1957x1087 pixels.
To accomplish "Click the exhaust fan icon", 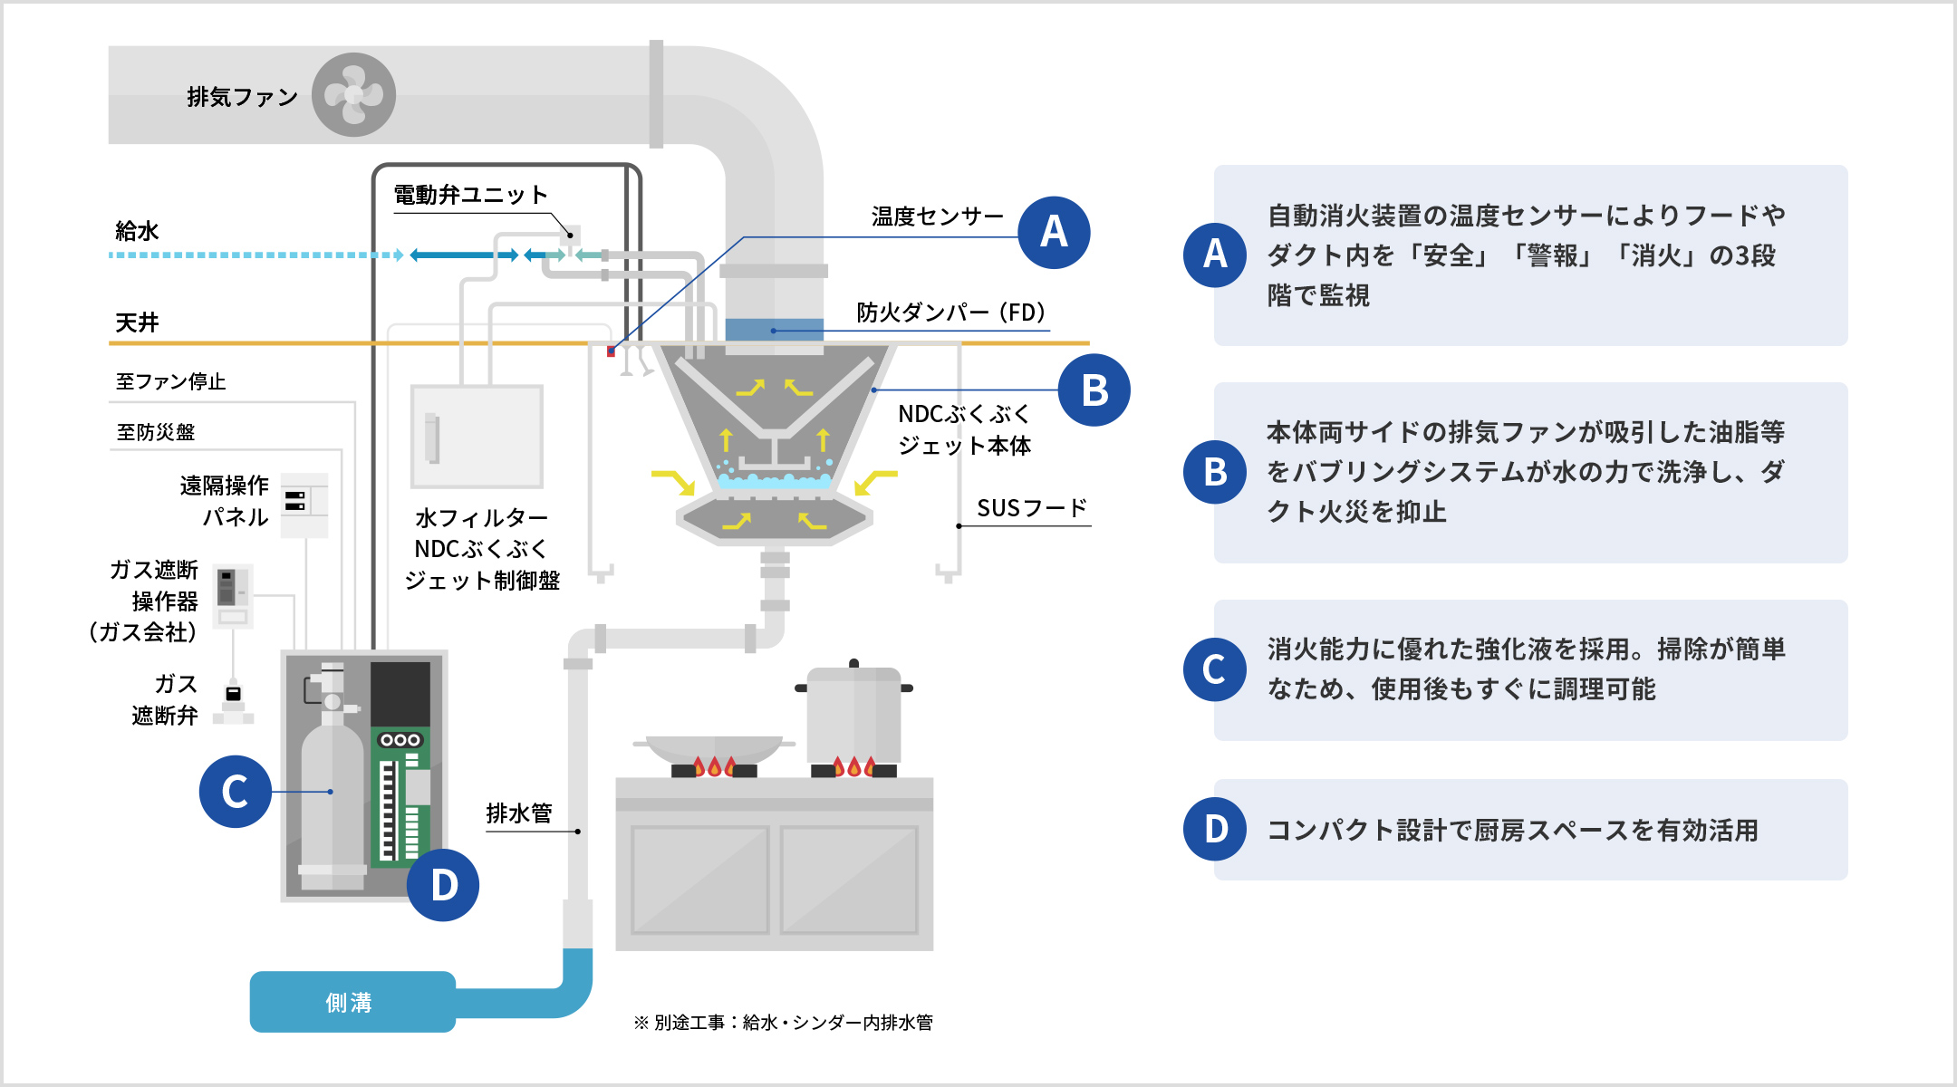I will (x=353, y=95).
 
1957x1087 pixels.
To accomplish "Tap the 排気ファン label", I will (x=242, y=97).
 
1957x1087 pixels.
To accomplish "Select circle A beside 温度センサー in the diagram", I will (x=1054, y=233).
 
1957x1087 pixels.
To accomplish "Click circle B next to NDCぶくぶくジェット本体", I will (x=1094, y=390).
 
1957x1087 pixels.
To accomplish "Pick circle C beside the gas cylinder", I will (x=236, y=792).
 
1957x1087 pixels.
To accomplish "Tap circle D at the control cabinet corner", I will (x=443, y=885).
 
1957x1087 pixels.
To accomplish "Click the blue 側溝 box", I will (x=352, y=1002).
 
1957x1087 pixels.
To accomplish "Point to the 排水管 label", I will (x=519, y=813).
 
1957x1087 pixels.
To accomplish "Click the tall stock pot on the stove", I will (x=853, y=716).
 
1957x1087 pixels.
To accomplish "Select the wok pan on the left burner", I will (x=713, y=748).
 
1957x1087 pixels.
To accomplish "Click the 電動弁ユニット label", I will (x=471, y=195).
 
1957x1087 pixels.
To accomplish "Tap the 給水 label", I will (x=137, y=231).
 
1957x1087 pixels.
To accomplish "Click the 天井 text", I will (x=137, y=322).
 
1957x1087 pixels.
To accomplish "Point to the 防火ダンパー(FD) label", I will (x=951, y=313).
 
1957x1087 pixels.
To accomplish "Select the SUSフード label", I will (x=1031, y=508).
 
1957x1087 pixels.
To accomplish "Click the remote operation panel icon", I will (x=304, y=502).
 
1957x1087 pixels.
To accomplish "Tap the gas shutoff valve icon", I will (x=234, y=703).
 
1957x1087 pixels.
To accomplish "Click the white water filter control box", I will (x=477, y=437).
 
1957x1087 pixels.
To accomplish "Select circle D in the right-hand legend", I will (x=1215, y=829).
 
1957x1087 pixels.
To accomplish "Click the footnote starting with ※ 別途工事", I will (x=783, y=1023).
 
